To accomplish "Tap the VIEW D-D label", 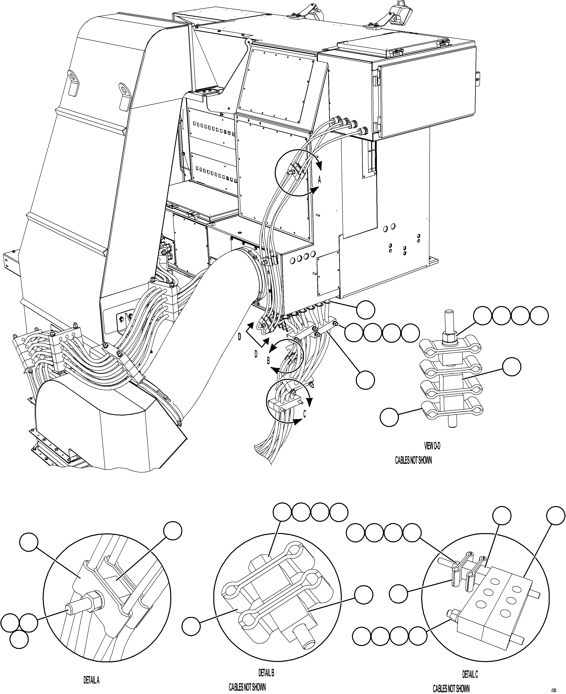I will click(432, 446).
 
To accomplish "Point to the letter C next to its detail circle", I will click(305, 414).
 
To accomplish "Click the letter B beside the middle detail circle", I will click(268, 361).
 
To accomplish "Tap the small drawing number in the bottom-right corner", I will click(554, 690).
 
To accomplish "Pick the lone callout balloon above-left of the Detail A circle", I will click(29, 542).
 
